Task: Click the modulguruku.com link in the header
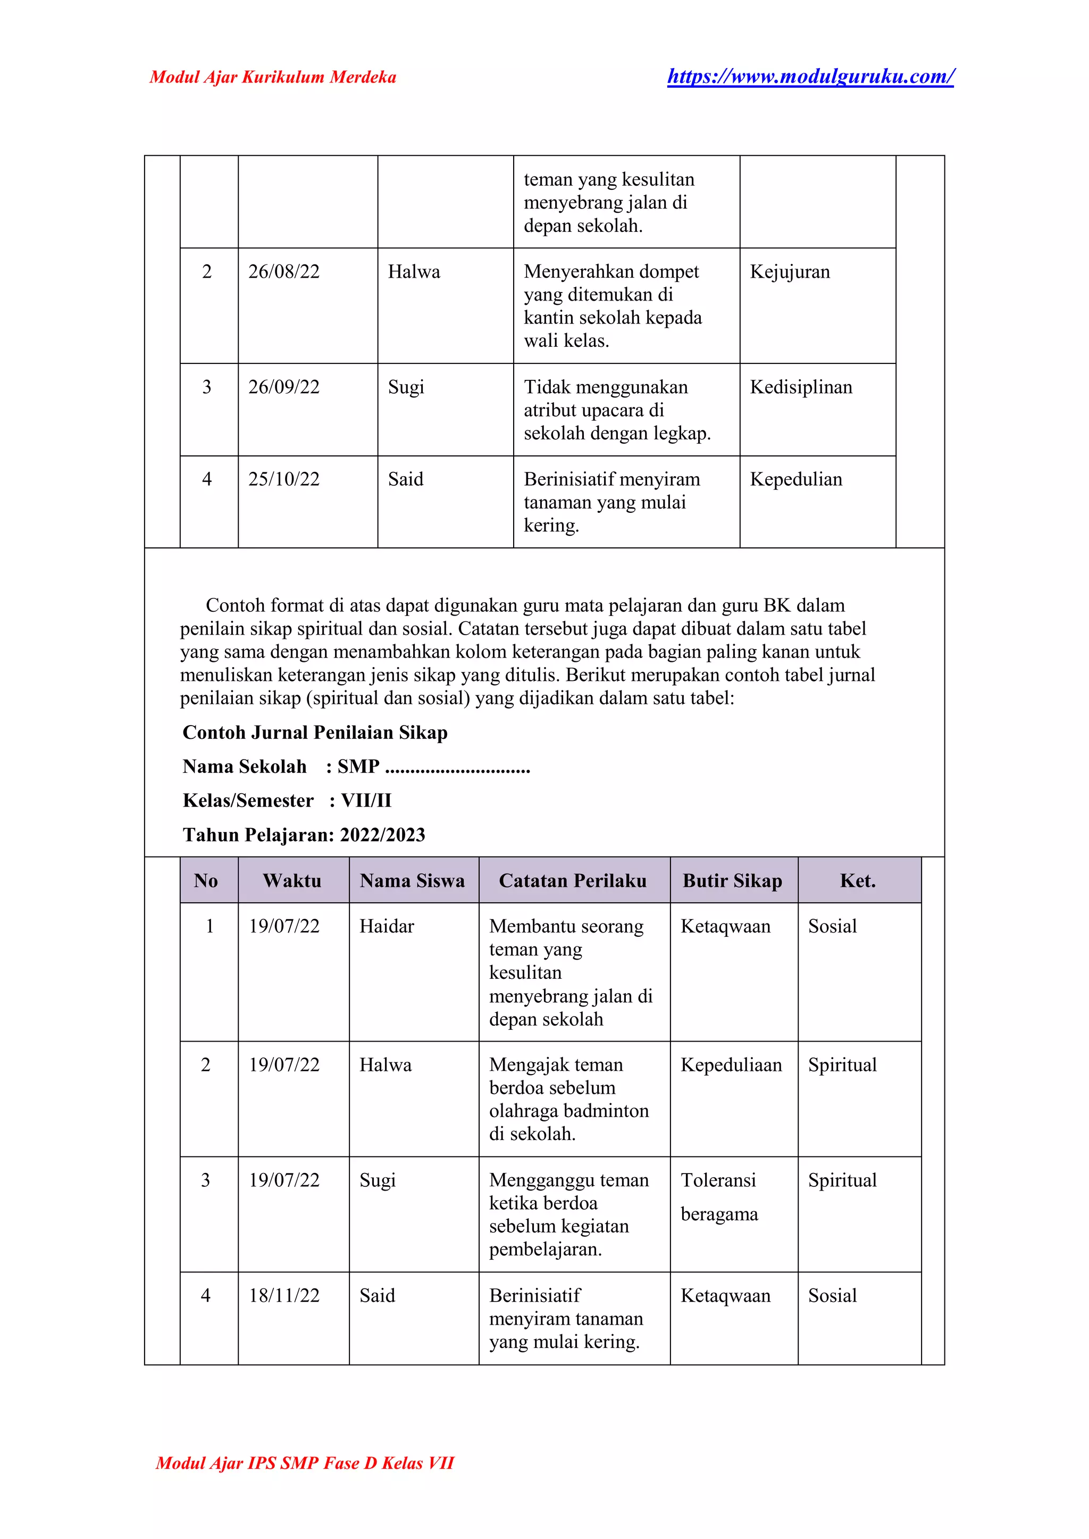pos(810,77)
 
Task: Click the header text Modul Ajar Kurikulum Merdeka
pos(272,77)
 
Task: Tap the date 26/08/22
pos(283,272)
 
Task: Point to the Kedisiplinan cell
pos(801,387)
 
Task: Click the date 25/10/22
pos(283,479)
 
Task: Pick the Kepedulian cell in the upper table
pos(796,479)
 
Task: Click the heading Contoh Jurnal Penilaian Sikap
pos(314,732)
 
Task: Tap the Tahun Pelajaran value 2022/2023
pos(382,835)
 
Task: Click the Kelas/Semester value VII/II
pos(366,801)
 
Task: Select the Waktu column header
pos(292,880)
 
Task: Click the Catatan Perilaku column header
pos(573,880)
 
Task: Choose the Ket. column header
pos(858,880)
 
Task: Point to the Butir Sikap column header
pos(732,880)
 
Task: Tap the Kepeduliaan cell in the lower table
pos(731,1064)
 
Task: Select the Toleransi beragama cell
pos(719,1197)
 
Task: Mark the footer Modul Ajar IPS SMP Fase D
pos(305,1463)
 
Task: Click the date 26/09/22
pos(283,387)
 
